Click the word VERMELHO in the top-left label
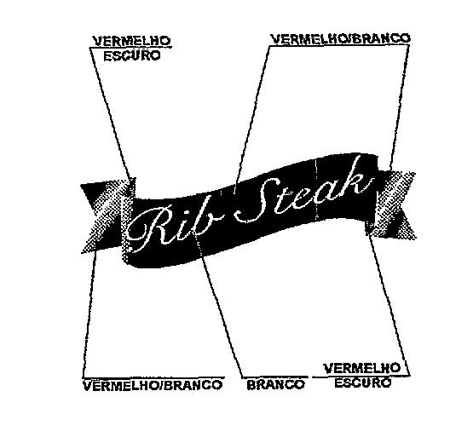(131, 41)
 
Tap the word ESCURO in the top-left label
(132, 55)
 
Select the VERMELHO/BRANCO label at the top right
(340, 38)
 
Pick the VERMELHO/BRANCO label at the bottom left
(153, 385)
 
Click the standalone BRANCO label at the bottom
(276, 385)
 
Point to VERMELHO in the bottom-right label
(361, 368)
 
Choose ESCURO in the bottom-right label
(363, 383)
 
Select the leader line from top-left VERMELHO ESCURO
(110, 113)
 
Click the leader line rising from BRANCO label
(219, 306)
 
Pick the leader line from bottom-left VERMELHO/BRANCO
(89, 314)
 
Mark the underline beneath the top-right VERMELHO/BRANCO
(339, 45)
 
